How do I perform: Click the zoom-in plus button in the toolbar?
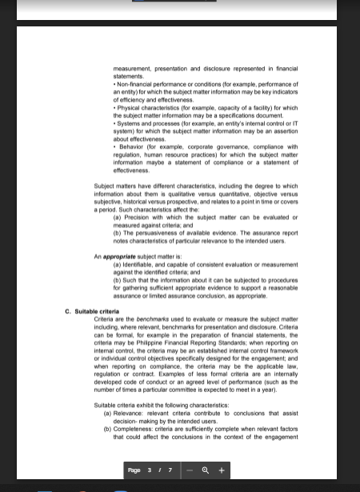point(222,470)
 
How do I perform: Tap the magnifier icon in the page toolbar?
point(206,470)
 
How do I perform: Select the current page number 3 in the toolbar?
point(150,470)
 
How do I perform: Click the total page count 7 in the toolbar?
point(170,470)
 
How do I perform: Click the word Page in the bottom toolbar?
point(134,470)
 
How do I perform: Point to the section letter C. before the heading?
point(68,311)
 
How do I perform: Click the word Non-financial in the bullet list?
point(133,84)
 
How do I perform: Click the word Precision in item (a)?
point(136,218)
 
